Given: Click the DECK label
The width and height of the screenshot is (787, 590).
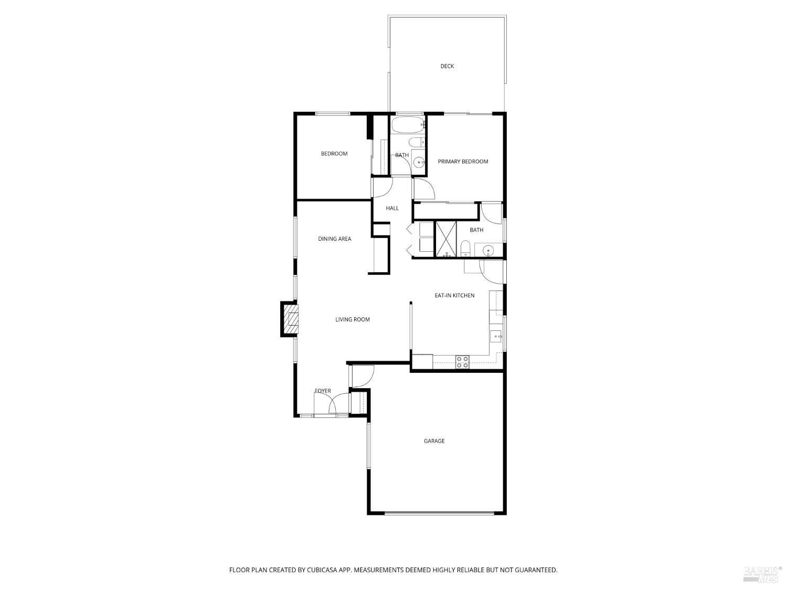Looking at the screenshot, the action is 446,66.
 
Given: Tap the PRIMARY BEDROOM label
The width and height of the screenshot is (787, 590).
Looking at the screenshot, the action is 463,162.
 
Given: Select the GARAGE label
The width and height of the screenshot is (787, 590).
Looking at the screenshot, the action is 434,441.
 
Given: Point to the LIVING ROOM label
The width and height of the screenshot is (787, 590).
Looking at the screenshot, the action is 352,319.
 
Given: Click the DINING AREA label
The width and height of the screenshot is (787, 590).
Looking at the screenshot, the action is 335,239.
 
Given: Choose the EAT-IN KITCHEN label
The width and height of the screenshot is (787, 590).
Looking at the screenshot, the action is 454,296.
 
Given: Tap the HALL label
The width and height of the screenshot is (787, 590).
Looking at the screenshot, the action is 392,208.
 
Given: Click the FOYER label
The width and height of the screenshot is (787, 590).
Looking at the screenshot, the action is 323,391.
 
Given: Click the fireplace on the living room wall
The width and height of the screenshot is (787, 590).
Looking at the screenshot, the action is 289,319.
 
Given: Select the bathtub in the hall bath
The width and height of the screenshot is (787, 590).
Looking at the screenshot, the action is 408,125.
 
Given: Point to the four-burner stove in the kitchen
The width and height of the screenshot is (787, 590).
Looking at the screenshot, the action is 462,362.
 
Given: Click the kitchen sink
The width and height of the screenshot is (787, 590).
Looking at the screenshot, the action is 496,337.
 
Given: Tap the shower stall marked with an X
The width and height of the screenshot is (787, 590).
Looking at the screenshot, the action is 445,239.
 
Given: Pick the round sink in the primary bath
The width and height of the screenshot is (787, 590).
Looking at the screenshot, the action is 487,250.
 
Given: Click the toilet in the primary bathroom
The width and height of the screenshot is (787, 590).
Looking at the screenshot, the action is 465,248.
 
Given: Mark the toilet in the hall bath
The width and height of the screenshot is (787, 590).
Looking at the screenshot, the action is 417,142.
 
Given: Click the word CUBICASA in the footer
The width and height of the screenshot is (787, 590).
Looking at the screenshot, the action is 322,570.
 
